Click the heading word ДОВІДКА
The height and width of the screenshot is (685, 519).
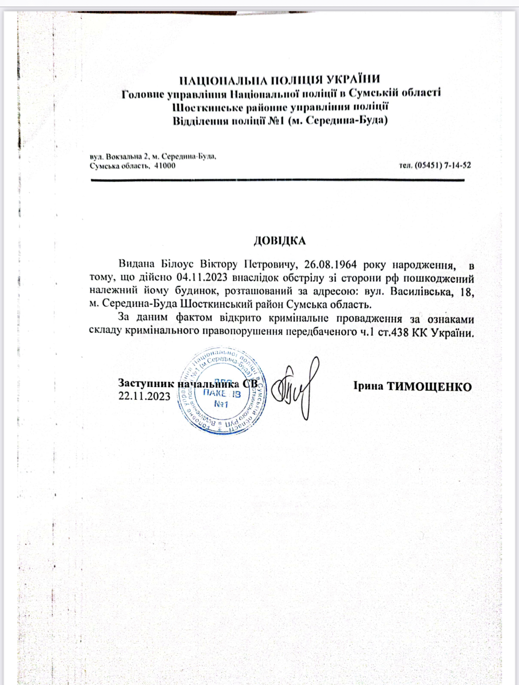pyautogui.click(x=279, y=241)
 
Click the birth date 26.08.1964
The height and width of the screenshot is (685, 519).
pyautogui.click(x=330, y=265)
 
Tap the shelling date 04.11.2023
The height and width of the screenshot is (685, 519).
pyautogui.click(x=202, y=278)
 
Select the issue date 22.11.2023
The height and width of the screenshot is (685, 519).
pyautogui.click(x=144, y=396)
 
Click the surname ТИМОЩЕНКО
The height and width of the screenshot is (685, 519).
pyautogui.click(x=430, y=387)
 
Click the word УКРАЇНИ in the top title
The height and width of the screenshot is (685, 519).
pyautogui.click(x=353, y=79)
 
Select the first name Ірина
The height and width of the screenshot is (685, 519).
pyautogui.click(x=368, y=386)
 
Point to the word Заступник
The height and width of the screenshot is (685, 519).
pyautogui.click(x=146, y=383)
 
